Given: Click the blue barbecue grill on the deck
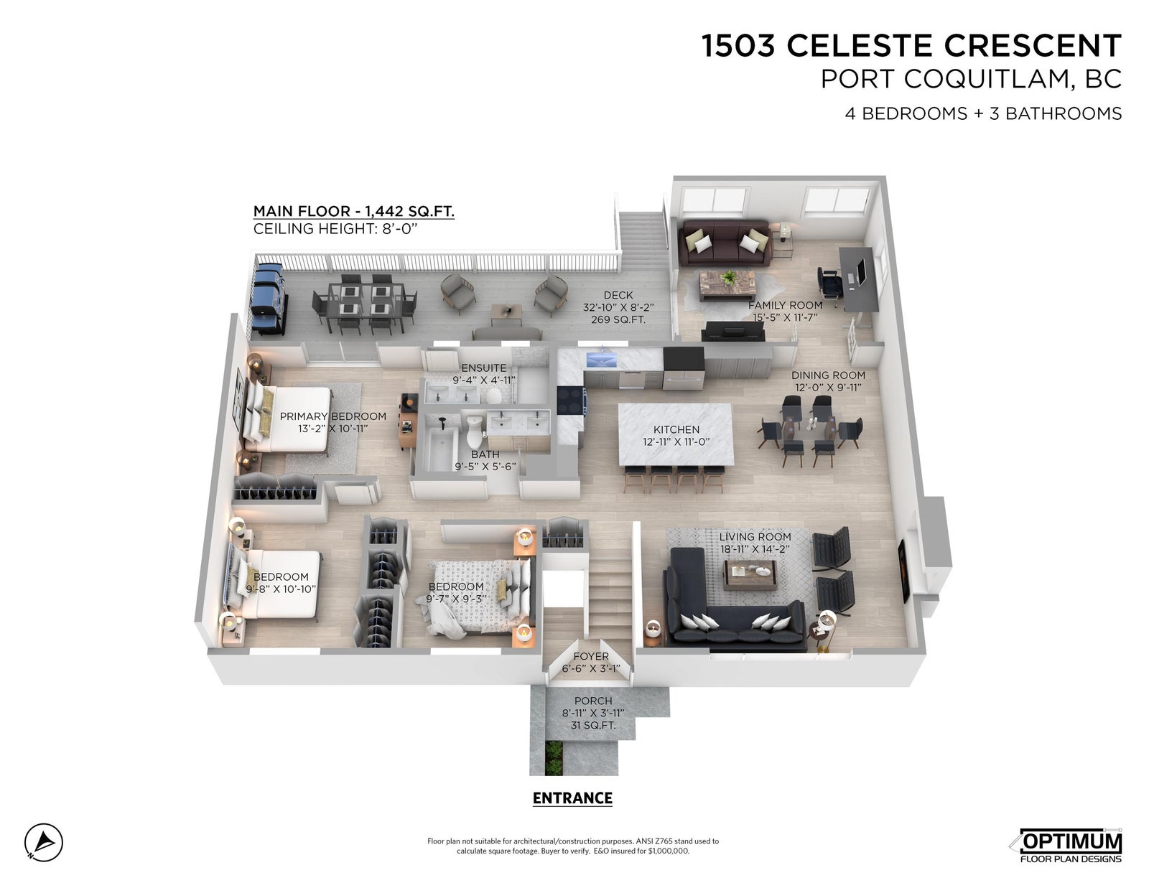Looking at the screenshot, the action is point(269,299).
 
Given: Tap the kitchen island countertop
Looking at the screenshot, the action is point(676,434).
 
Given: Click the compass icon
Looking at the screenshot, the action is point(43,843).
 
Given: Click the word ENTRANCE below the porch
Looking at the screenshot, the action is point(572,798).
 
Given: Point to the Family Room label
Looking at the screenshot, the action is point(785,306).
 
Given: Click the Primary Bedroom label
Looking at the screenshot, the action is point(332,416).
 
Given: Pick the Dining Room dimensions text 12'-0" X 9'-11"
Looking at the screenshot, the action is point(828,388).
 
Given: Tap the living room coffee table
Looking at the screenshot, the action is point(750,574).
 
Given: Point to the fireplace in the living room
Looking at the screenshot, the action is point(903,570).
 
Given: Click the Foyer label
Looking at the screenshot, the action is point(590,656).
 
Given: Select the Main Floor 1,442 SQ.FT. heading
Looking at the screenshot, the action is point(354,212).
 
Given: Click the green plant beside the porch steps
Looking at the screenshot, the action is point(554,759).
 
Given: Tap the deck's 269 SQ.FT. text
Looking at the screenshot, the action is point(618,319).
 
